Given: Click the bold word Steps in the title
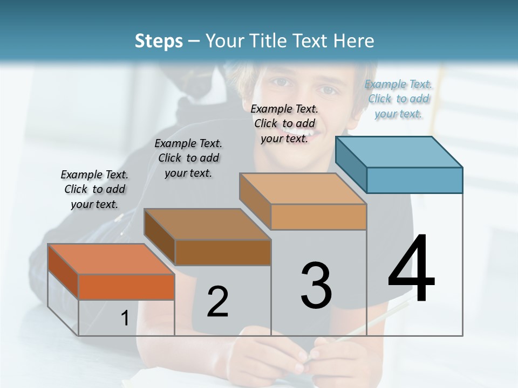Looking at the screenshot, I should click(x=159, y=41).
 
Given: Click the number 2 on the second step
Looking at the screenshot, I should click(x=217, y=302).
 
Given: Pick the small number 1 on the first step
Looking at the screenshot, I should click(x=125, y=318).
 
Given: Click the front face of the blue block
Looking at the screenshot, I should click(x=414, y=180).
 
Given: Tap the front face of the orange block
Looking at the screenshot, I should click(x=126, y=287).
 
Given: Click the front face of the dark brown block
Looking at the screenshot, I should click(x=222, y=252).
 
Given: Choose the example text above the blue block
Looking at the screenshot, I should click(x=398, y=99).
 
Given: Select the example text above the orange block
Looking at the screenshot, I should click(x=94, y=189).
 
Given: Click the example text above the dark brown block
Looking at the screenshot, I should click(x=188, y=158).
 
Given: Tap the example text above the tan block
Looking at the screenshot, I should click(x=284, y=123).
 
